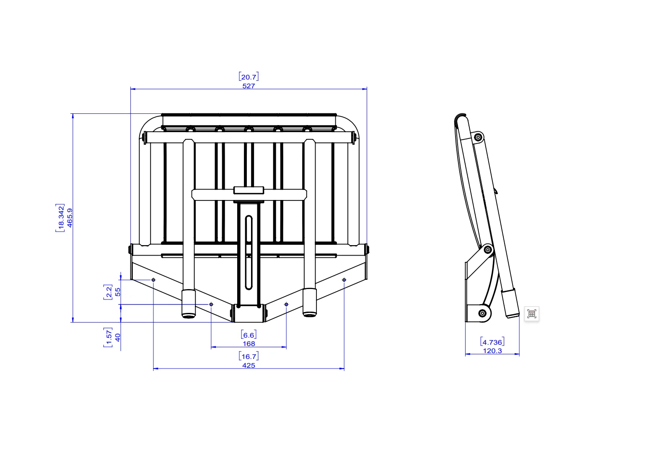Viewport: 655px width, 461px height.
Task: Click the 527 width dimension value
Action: [249, 86]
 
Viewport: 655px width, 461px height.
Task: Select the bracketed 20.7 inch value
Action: [249, 77]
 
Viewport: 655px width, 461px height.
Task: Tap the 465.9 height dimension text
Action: [70, 218]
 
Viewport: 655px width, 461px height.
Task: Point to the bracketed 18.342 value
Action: [60, 218]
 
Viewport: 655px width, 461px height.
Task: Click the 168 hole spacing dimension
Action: [249, 343]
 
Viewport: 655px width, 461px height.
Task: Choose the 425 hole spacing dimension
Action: [249, 365]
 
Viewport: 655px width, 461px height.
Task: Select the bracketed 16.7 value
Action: [249, 356]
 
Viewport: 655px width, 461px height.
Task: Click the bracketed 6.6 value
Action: [249, 335]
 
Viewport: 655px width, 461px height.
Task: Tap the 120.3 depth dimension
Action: [492, 351]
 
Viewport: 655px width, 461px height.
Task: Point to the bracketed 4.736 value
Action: [492, 342]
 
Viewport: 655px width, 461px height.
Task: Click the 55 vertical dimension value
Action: [118, 292]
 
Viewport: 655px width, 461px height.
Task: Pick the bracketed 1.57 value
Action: [108, 338]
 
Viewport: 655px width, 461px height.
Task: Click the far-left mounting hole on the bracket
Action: [153, 279]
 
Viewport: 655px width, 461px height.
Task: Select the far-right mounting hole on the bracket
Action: [344, 279]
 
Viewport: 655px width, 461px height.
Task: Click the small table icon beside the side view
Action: [531, 314]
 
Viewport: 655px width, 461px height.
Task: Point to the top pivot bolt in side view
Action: [478, 137]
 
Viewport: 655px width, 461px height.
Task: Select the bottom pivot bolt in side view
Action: [482, 313]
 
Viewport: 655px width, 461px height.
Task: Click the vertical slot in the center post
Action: [249, 253]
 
